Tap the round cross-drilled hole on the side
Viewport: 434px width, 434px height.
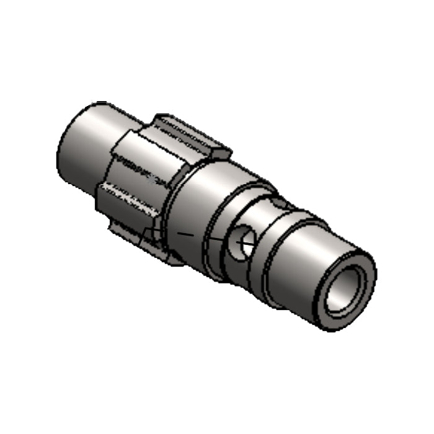(x=240, y=242)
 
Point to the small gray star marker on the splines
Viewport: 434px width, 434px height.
(x=153, y=180)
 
